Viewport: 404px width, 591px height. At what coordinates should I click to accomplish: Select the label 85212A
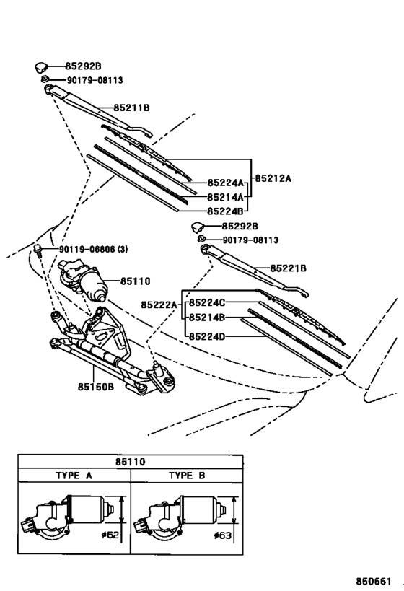[273, 178]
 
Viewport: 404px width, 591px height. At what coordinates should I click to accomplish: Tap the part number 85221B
[289, 268]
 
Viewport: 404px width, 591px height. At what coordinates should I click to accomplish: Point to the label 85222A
[159, 305]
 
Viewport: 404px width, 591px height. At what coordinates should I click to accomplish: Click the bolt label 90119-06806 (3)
[94, 250]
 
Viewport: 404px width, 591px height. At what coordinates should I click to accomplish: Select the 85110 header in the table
[131, 461]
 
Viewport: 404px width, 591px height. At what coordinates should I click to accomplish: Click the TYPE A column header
[74, 476]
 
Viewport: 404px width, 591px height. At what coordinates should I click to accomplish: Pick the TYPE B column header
[186, 476]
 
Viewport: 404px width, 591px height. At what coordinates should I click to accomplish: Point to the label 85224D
[207, 336]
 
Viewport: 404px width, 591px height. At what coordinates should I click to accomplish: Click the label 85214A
[224, 196]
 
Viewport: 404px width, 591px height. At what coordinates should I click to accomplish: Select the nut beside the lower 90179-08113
[202, 239]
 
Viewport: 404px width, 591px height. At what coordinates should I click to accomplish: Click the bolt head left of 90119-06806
[37, 250]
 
